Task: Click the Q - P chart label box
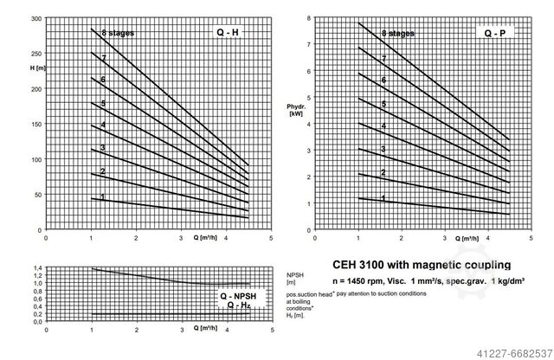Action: point(495,33)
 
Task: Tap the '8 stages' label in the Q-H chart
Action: point(117,33)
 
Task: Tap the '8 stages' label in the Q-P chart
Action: point(397,33)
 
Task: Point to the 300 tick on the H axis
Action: point(36,18)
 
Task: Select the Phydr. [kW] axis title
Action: point(294,110)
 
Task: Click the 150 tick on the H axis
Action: point(36,124)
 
